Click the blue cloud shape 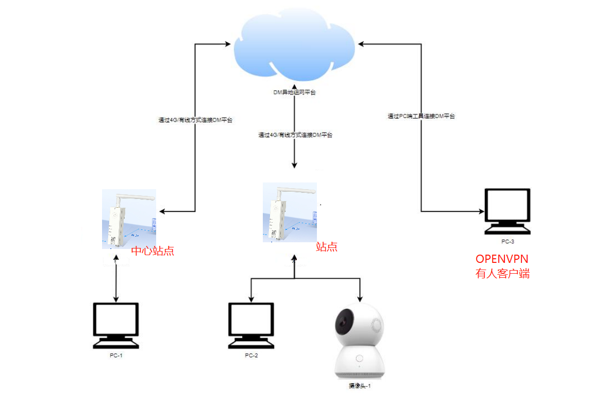click(294, 46)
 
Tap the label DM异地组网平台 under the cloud click(294, 93)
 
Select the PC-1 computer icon click(115, 325)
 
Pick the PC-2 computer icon click(251, 325)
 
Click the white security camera click(359, 343)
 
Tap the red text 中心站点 click(153, 252)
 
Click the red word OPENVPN click(502, 259)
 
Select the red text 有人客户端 click(502, 274)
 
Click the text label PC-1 click(115, 356)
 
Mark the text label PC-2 click(251, 356)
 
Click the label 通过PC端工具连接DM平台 click(422, 116)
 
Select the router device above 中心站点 click(129, 219)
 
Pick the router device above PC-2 click(289, 212)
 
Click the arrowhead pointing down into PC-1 click(115, 299)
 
